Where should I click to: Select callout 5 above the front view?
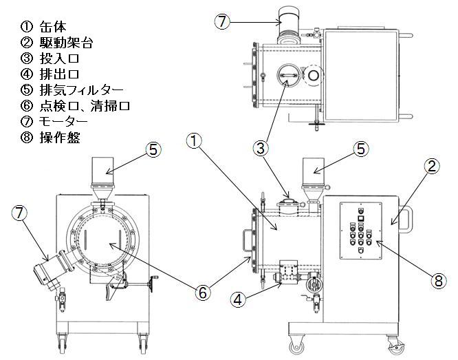coord(153,148)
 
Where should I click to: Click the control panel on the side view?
coord(362,231)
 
